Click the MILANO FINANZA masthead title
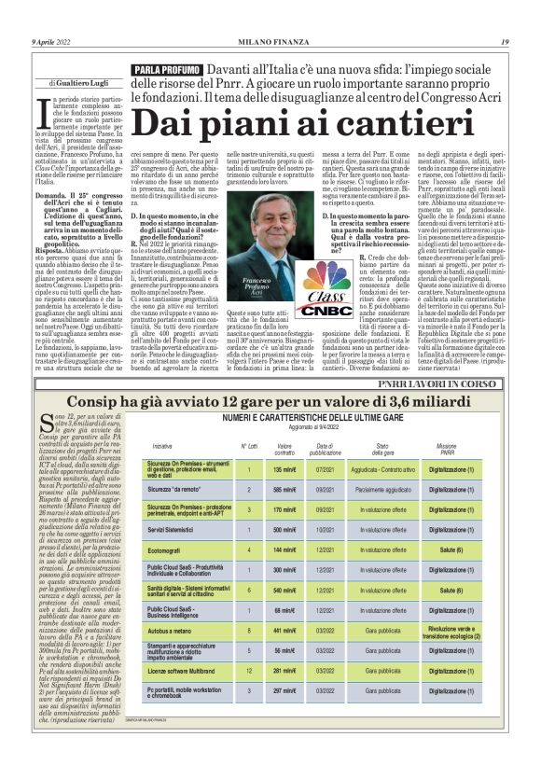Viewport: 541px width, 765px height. [x=270, y=15]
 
